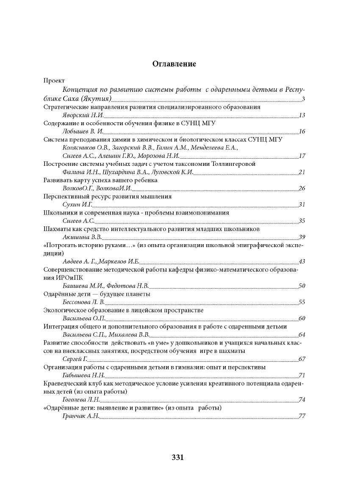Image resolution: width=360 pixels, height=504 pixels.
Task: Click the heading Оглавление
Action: [x=174, y=64]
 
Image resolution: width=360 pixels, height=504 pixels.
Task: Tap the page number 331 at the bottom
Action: [x=177, y=457]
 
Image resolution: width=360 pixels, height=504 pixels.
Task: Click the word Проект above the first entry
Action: [x=54, y=80]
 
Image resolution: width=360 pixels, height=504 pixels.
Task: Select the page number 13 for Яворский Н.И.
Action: [x=302, y=116]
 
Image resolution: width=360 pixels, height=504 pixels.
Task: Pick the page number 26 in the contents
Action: [x=302, y=189]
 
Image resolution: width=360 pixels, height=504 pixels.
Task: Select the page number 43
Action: [x=302, y=262]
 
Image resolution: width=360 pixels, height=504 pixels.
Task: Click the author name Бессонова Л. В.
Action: [x=83, y=303]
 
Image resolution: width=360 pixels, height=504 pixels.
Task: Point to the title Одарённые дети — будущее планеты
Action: [x=97, y=294]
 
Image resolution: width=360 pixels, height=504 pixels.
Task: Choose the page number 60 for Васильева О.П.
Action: [x=302, y=319]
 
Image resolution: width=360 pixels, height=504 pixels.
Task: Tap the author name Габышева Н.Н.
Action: [x=83, y=376]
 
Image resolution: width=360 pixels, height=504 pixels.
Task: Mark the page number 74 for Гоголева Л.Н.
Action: [x=302, y=400]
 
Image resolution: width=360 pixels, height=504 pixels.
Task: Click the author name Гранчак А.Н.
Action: [x=80, y=416]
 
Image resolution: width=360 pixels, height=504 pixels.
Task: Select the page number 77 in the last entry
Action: [x=302, y=416]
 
